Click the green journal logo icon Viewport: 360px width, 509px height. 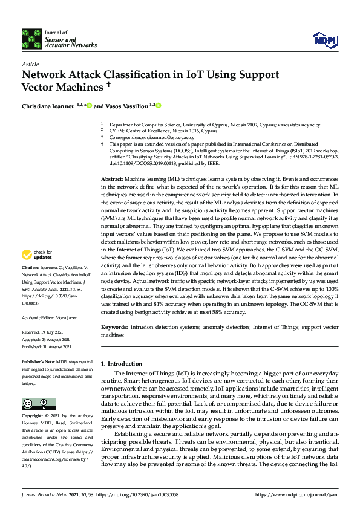31,38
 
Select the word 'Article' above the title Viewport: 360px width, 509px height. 30,64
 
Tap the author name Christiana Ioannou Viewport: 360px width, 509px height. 48,106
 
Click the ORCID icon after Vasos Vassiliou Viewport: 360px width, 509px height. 159,106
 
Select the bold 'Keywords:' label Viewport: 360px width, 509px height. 115,327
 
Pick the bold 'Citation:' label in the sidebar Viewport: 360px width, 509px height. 30,284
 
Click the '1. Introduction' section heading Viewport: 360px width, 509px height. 121,364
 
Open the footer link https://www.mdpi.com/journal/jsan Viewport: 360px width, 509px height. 296,495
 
